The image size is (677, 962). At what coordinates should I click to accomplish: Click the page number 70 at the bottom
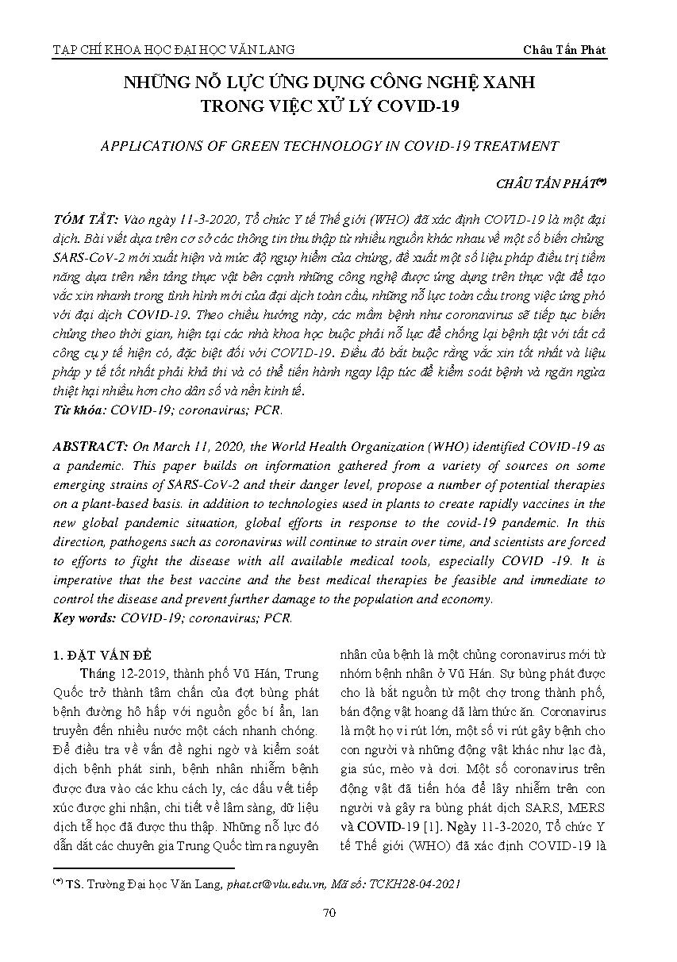(330, 913)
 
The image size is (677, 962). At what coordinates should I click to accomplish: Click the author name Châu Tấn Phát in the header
(564, 49)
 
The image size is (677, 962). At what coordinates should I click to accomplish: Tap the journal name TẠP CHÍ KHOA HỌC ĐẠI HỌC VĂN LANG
(173, 49)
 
